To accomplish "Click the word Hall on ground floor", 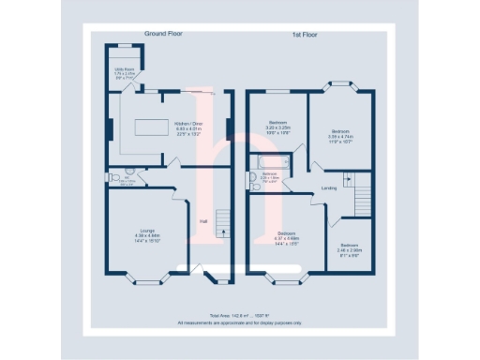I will (x=203, y=221).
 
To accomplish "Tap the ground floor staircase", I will (x=223, y=225).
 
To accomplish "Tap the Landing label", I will (x=329, y=188).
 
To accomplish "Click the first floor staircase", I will (x=363, y=196).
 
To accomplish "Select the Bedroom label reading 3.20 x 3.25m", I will (x=278, y=127).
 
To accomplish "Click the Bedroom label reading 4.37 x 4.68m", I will (x=286, y=236).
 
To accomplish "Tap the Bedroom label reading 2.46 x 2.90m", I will (x=351, y=248).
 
